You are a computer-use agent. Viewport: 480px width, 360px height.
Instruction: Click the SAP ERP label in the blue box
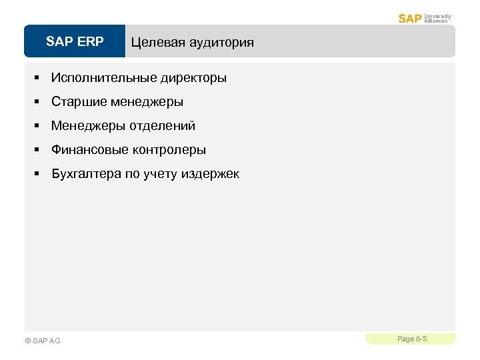click(75, 42)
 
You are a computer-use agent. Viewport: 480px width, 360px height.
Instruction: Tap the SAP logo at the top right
click(409, 18)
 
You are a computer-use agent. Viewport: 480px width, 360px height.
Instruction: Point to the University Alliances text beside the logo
click(437, 18)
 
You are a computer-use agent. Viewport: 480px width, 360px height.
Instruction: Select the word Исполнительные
click(103, 78)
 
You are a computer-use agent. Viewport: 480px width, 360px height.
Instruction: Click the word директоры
click(193, 78)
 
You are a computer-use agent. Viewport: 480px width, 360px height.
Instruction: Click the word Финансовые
click(86, 150)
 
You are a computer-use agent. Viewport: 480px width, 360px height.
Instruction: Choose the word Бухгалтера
click(86, 174)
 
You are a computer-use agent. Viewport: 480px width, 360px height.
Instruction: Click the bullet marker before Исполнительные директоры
click(39, 78)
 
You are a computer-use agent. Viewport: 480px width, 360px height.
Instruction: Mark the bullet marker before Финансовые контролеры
click(39, 150)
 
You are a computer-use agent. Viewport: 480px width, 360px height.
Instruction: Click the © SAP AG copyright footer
click(42, 341)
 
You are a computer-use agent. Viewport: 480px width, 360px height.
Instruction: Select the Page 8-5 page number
click(411, 339)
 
